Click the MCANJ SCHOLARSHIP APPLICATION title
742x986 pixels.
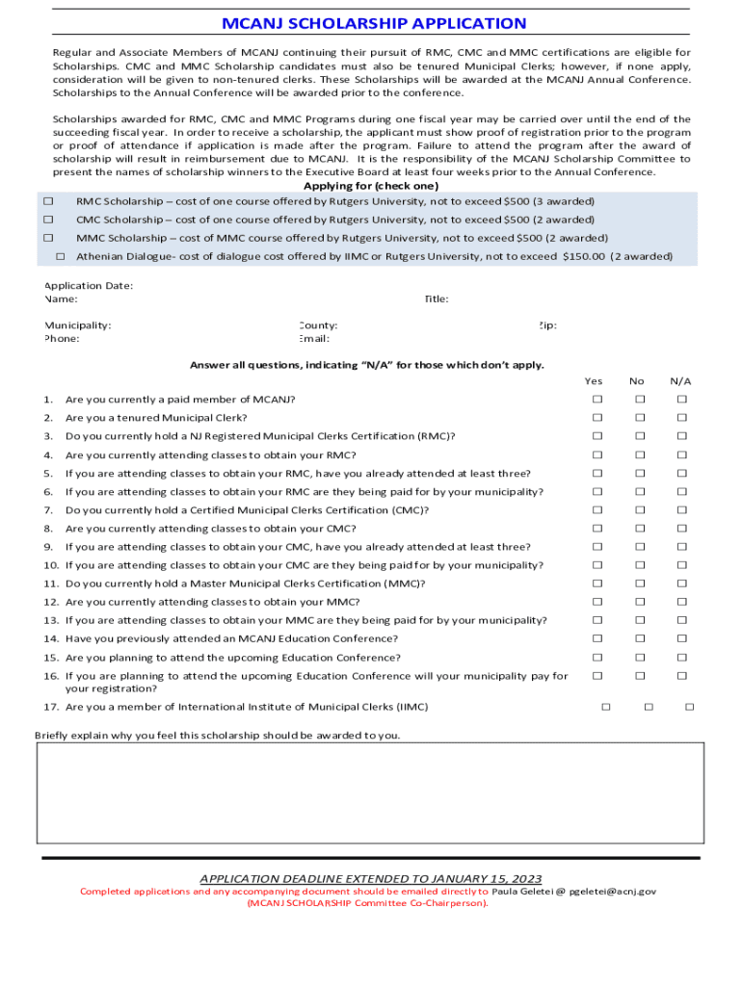(x=374, y=23)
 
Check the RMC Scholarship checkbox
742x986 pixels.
(x=47, y=201)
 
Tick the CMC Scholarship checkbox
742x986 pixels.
(x=47, y=220)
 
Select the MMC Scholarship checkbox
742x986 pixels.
(x=47, y=237)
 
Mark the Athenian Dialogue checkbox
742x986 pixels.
(x=60, y=256)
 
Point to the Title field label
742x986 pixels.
(x=436, y=299)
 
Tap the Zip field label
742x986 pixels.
(x=546, y=325)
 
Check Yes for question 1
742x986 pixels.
(x=596, y=399)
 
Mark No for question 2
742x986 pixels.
(x=638, y=418)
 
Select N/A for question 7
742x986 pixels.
(x=681, y=510)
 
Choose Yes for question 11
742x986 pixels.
(x=596, y=584)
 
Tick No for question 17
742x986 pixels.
(x=648, y=707)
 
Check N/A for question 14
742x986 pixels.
(x=681, y=638)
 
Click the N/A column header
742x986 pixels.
(x=680, y=381)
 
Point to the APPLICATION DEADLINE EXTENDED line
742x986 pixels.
(x=370, y=878)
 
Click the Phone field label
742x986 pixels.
(x=62, y=339)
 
